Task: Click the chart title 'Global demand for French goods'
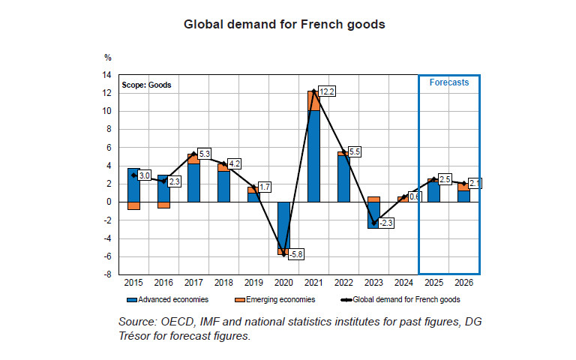[x=284, y=25]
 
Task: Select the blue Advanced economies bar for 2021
[x=314, y=156]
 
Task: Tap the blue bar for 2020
[x=284, y=225]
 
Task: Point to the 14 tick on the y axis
[x=107, y=75]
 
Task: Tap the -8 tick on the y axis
[x=108, y=274]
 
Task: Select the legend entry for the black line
[x=400, y=299]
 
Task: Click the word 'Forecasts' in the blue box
[x=449, y=82]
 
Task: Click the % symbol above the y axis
[x=108, y=58]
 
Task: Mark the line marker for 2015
[x=133, y=175]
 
